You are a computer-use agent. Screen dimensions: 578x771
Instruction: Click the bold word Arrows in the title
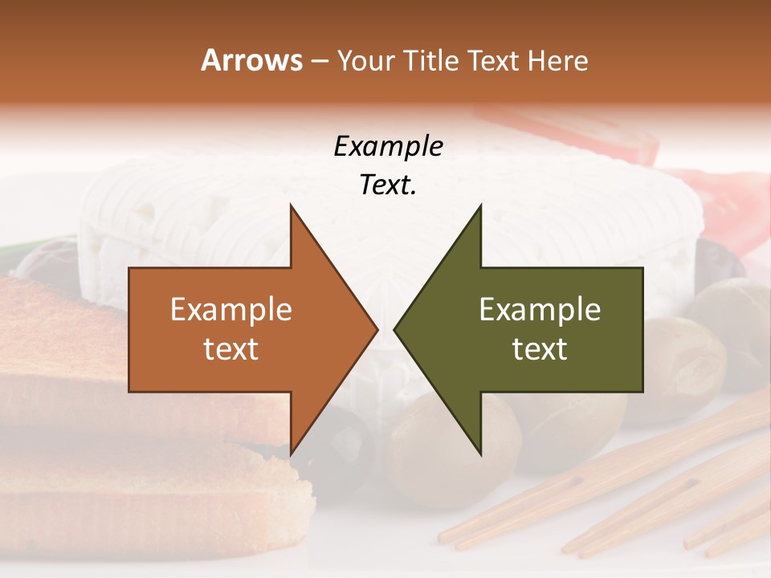coord(252,60)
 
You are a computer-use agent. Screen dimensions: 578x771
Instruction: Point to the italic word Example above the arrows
coord(388,147)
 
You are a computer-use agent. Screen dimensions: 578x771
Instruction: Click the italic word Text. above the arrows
coord(388,185)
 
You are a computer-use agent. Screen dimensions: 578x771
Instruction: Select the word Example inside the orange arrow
coord(230,310)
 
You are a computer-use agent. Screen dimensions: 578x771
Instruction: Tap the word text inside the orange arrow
coord(230,349)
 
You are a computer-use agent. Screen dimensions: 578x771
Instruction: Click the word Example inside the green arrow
coord(540,310)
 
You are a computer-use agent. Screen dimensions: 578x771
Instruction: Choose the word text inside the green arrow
coord(540,349)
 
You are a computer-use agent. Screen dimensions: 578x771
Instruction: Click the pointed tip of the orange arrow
coord(377,329)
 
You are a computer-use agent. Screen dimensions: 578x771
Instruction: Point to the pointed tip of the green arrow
coord(394,329)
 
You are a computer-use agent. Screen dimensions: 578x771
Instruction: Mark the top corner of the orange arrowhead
coord(291,206)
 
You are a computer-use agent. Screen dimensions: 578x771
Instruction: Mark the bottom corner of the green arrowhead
coord(480,454)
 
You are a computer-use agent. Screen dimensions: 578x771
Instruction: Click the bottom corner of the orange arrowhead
coord(291,454)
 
